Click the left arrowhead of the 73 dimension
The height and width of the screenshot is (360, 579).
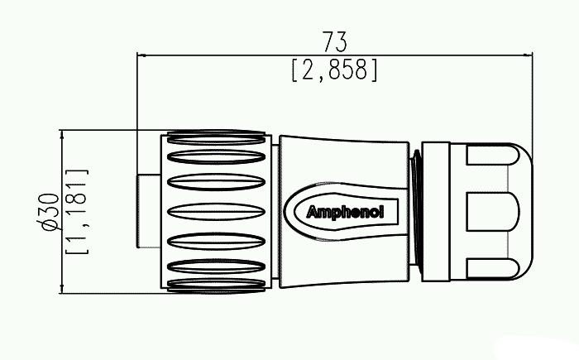pyautogui.click(x=141, y=56)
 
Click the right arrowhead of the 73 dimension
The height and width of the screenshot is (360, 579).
pyautogui.click(x=529, y=56)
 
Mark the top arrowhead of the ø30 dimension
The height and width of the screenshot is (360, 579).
pyautogui.click(x=62, y=133)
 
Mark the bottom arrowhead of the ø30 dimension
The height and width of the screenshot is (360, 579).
pyautogui.click(x=62, y=289)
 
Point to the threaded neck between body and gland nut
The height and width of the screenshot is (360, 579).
pyautogui.click(x=415, y=210)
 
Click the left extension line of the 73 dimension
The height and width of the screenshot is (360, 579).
pyautogui.click(x=137, y=91)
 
